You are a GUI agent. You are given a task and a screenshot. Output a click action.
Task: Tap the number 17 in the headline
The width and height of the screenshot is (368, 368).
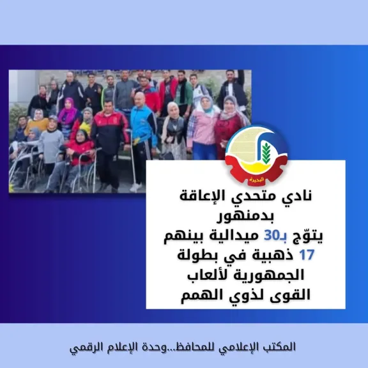(307, 255)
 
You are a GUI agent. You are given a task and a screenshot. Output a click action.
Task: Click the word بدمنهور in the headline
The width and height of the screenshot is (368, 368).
(245, 217)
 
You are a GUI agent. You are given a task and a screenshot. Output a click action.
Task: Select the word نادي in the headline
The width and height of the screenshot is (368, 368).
(298, 197)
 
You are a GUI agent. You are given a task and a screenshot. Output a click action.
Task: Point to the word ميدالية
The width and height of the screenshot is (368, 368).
(232, 236)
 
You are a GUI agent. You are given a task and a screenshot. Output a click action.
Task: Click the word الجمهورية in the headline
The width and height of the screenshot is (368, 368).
(269, 275)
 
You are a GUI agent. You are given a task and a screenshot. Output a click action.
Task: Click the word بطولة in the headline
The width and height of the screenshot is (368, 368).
(195, 256)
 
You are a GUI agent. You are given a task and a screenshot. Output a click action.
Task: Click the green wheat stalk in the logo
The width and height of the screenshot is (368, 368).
(266, 153)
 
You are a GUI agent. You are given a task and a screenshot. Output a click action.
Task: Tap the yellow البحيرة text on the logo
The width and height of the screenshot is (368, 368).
(257, 180)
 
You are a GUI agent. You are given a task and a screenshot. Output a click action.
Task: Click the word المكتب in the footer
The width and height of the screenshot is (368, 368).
(283, 347)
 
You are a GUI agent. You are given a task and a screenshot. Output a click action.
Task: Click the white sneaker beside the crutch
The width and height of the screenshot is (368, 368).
(135, 188)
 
